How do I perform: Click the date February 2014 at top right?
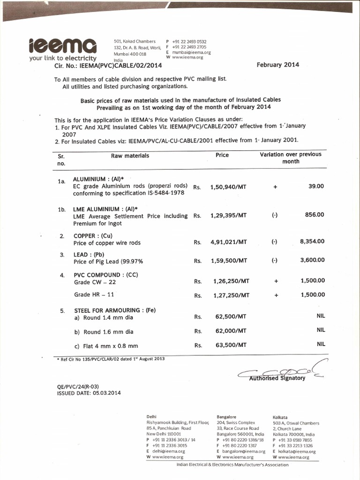(277, 65)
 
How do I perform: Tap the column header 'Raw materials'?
(130, 155)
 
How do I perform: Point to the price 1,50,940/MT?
(228, 186)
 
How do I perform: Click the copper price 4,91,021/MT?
(228, 242)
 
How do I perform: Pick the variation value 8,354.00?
(312, 241)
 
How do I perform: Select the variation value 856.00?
(315, 214)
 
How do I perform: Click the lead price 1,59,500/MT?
(228, 260)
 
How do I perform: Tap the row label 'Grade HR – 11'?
(94, 294)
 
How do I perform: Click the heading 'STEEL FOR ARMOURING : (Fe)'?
(114, 310)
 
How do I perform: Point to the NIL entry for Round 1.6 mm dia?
(321, 330)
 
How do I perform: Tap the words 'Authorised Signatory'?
(277, 378)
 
